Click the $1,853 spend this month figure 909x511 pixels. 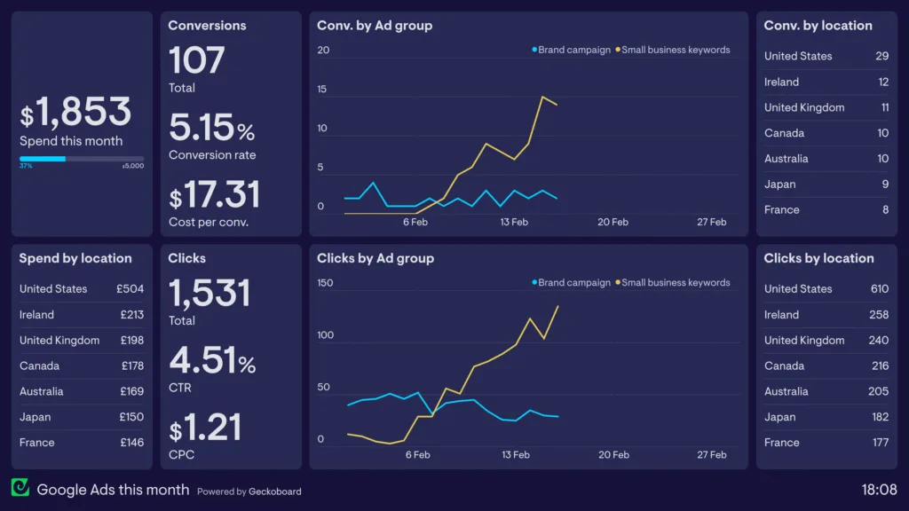pos(76,113)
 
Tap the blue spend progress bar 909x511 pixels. pos(43,159)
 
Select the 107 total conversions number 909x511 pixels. pos(196,60)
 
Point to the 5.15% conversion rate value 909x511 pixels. pos(211,129)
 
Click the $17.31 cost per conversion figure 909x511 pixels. pos(215,195)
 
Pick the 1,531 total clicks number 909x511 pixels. pos(209,294)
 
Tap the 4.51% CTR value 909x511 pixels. pos(211,361)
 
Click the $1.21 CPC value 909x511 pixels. pos(205,428)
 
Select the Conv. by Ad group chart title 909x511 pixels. pos(375,26)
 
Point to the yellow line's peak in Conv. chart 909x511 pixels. pos(542,97)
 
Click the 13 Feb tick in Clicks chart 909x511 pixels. pos(515,455)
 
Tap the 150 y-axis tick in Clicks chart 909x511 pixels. pos(325,283)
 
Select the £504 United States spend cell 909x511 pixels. pos(130,289)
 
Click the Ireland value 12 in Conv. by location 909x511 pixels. pos(883,82)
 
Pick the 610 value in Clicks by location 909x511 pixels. pos(879,289)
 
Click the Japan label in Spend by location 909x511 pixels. pos(36,417)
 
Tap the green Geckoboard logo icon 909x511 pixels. pos(20,489)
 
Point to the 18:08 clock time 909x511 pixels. pos(879,490)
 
